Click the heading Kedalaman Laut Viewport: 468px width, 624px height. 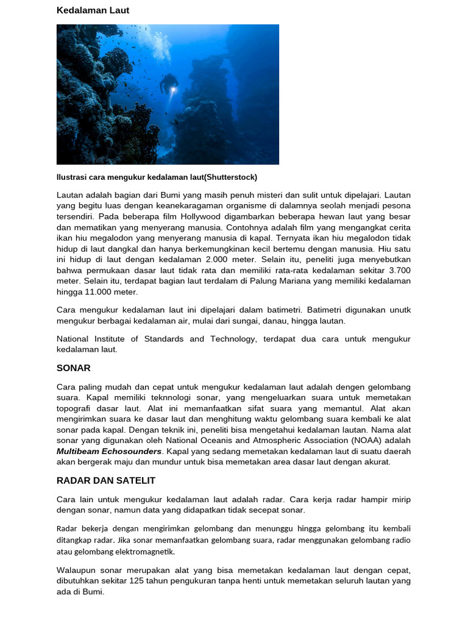point(93,10)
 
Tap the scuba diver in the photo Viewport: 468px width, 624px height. point(168,84)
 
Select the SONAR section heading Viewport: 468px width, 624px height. point(73,368)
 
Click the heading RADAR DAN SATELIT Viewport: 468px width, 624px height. point(106,481)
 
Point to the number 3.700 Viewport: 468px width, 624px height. point(399,270)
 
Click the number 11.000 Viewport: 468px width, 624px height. point(90,292)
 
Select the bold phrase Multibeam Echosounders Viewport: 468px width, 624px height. point(109,452)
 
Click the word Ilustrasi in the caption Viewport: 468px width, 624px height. point(73,177)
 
